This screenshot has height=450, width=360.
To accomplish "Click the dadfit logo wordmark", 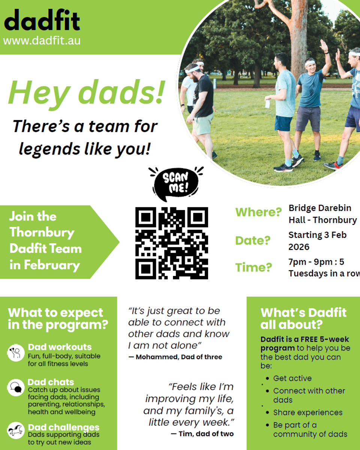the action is coord(42,20).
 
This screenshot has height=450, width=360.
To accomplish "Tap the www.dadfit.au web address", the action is coord(42,40).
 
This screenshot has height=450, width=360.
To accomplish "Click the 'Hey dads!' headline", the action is coord(86,93).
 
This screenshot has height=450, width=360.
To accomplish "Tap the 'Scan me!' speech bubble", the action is coord(176,184).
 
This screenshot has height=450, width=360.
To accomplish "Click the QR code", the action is coord(172,243).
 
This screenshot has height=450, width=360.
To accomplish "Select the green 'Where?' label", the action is coord(258,212).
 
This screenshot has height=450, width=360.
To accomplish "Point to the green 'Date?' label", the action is coord(253,240).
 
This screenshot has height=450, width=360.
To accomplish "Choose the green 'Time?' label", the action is coord(253,267).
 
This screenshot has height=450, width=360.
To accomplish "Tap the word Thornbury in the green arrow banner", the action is coord(42,233).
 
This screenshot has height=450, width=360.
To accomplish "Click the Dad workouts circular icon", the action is coord(16,353).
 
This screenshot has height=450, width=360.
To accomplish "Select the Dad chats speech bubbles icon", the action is coord(16,387).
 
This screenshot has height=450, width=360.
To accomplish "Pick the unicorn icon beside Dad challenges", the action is coord(16,430).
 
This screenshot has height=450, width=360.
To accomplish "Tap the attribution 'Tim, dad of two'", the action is coord(202,434).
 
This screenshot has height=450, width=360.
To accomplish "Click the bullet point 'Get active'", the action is coord(292,378).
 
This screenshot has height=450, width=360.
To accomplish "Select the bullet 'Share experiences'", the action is coord(308,412).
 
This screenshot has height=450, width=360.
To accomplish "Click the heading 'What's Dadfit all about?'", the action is coord(303,319).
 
